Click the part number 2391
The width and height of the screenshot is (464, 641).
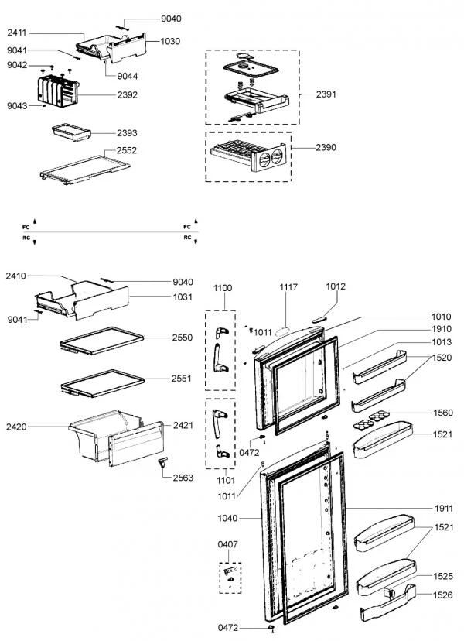click(326, 94)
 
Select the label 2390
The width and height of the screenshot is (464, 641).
click(326, 146)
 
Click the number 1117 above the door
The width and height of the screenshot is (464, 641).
click(288, 287)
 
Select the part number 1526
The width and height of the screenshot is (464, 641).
click(442, 595)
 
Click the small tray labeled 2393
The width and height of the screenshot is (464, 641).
click(70, 133)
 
